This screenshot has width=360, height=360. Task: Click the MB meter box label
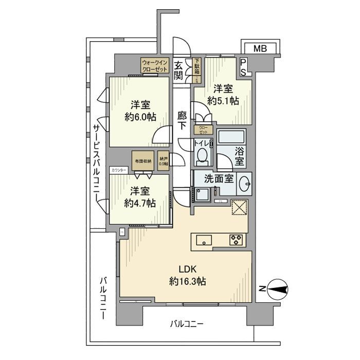tap(261, 49)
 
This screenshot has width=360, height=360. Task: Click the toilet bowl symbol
tap(203, 155)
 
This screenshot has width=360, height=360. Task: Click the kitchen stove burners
tap(237, 239)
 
